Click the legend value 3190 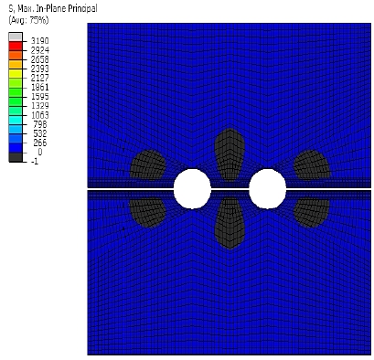click(x=39, y=41)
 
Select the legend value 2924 click(x=39, y=50)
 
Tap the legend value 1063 click(x=39, y=115)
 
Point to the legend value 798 click(x=40, y=124)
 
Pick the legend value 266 click(x=40, y=143)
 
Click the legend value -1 click(x=35, y=162)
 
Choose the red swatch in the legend click(x=16, y=47)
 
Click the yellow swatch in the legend click(x=16, y=74)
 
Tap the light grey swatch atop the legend click(x=16, y=37)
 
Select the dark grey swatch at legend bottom click(x=16, y=157)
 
